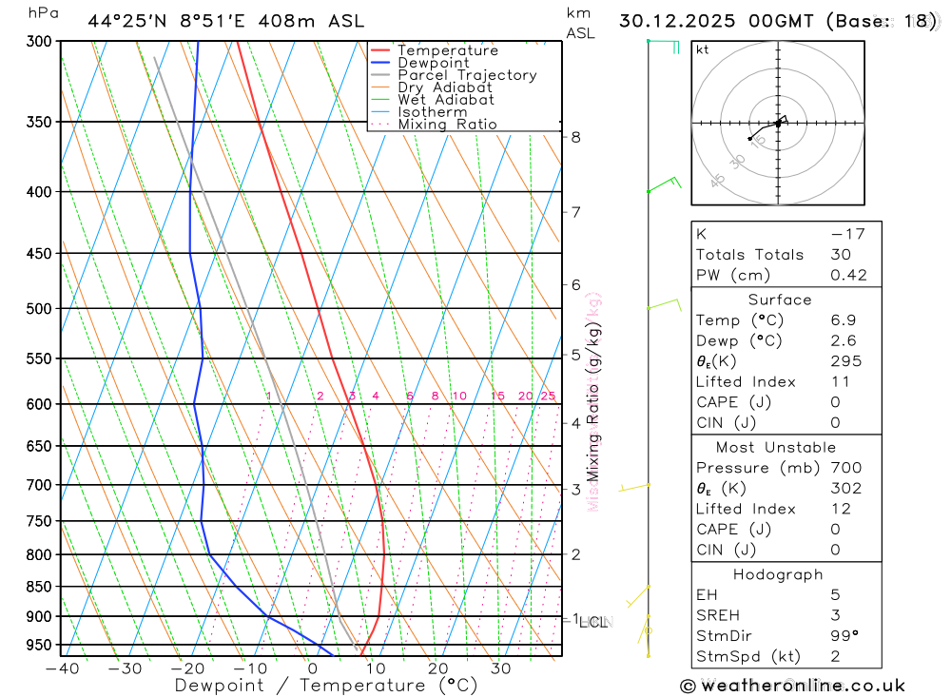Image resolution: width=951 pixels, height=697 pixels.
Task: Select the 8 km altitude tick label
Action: click(575, 137)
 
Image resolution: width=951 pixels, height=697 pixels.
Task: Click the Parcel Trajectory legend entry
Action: click(466, 75)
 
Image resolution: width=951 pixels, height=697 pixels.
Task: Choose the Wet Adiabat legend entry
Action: click(445, 100)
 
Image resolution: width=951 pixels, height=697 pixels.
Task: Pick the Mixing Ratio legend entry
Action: click(447, 125)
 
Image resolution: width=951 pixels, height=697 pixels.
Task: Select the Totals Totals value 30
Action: click(841, 254)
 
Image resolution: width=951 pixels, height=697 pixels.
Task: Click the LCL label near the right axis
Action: click(593, 623)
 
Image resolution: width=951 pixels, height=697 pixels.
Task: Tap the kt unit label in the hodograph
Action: click(702, 49)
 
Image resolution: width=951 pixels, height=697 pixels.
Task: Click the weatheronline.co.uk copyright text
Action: click(792, 686)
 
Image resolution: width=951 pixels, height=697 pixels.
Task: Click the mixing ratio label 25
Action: click(548, 397)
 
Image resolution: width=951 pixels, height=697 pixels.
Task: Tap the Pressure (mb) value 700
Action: click(845, 468)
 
